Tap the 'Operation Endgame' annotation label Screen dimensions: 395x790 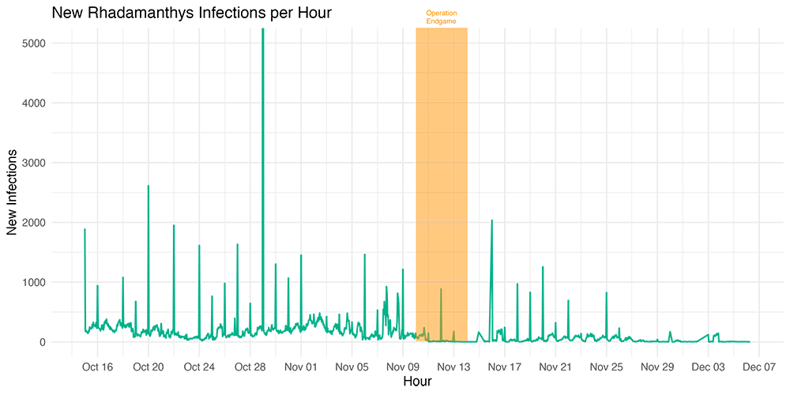441,17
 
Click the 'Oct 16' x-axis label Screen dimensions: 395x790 97,367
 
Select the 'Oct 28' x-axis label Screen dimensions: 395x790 250,367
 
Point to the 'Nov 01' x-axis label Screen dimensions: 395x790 300,367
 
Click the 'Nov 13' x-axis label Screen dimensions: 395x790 453,367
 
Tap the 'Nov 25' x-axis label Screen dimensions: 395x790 606,367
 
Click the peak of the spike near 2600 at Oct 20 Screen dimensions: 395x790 149,186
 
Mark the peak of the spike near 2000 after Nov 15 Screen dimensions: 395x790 491,220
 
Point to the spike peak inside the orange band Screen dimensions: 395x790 441,289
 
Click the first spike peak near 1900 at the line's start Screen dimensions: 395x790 85,229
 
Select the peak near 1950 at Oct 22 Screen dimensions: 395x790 174,225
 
